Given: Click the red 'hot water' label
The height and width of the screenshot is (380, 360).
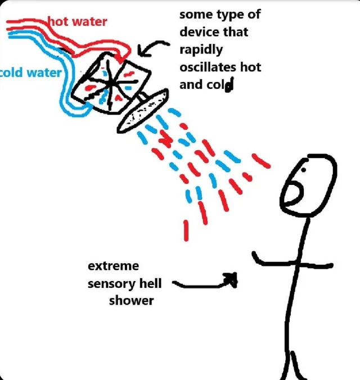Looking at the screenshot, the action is pos(77,21).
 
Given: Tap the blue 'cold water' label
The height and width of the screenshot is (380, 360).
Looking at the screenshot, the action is pos(30,73).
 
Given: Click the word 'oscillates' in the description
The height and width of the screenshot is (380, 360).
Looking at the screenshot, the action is pos(207,67).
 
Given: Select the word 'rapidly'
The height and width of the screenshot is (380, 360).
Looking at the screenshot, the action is pos(201,50).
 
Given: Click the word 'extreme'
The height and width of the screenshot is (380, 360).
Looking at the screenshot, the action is pos(113,266).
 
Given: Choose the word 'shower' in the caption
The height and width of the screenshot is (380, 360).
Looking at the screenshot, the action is pos(131,301).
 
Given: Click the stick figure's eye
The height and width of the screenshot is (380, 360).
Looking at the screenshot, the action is pos(303,170).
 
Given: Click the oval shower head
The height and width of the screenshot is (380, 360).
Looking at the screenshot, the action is pos(143,111).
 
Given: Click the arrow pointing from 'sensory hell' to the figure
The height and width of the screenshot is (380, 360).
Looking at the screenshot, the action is pos(204,285).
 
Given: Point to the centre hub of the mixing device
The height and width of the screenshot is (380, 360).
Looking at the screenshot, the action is pos(111,83).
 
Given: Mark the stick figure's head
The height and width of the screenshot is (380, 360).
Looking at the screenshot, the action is pos(309,185).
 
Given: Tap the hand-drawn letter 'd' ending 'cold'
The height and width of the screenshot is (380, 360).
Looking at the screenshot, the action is pos(229,85).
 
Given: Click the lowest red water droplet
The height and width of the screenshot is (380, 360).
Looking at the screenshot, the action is pos(186,230).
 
